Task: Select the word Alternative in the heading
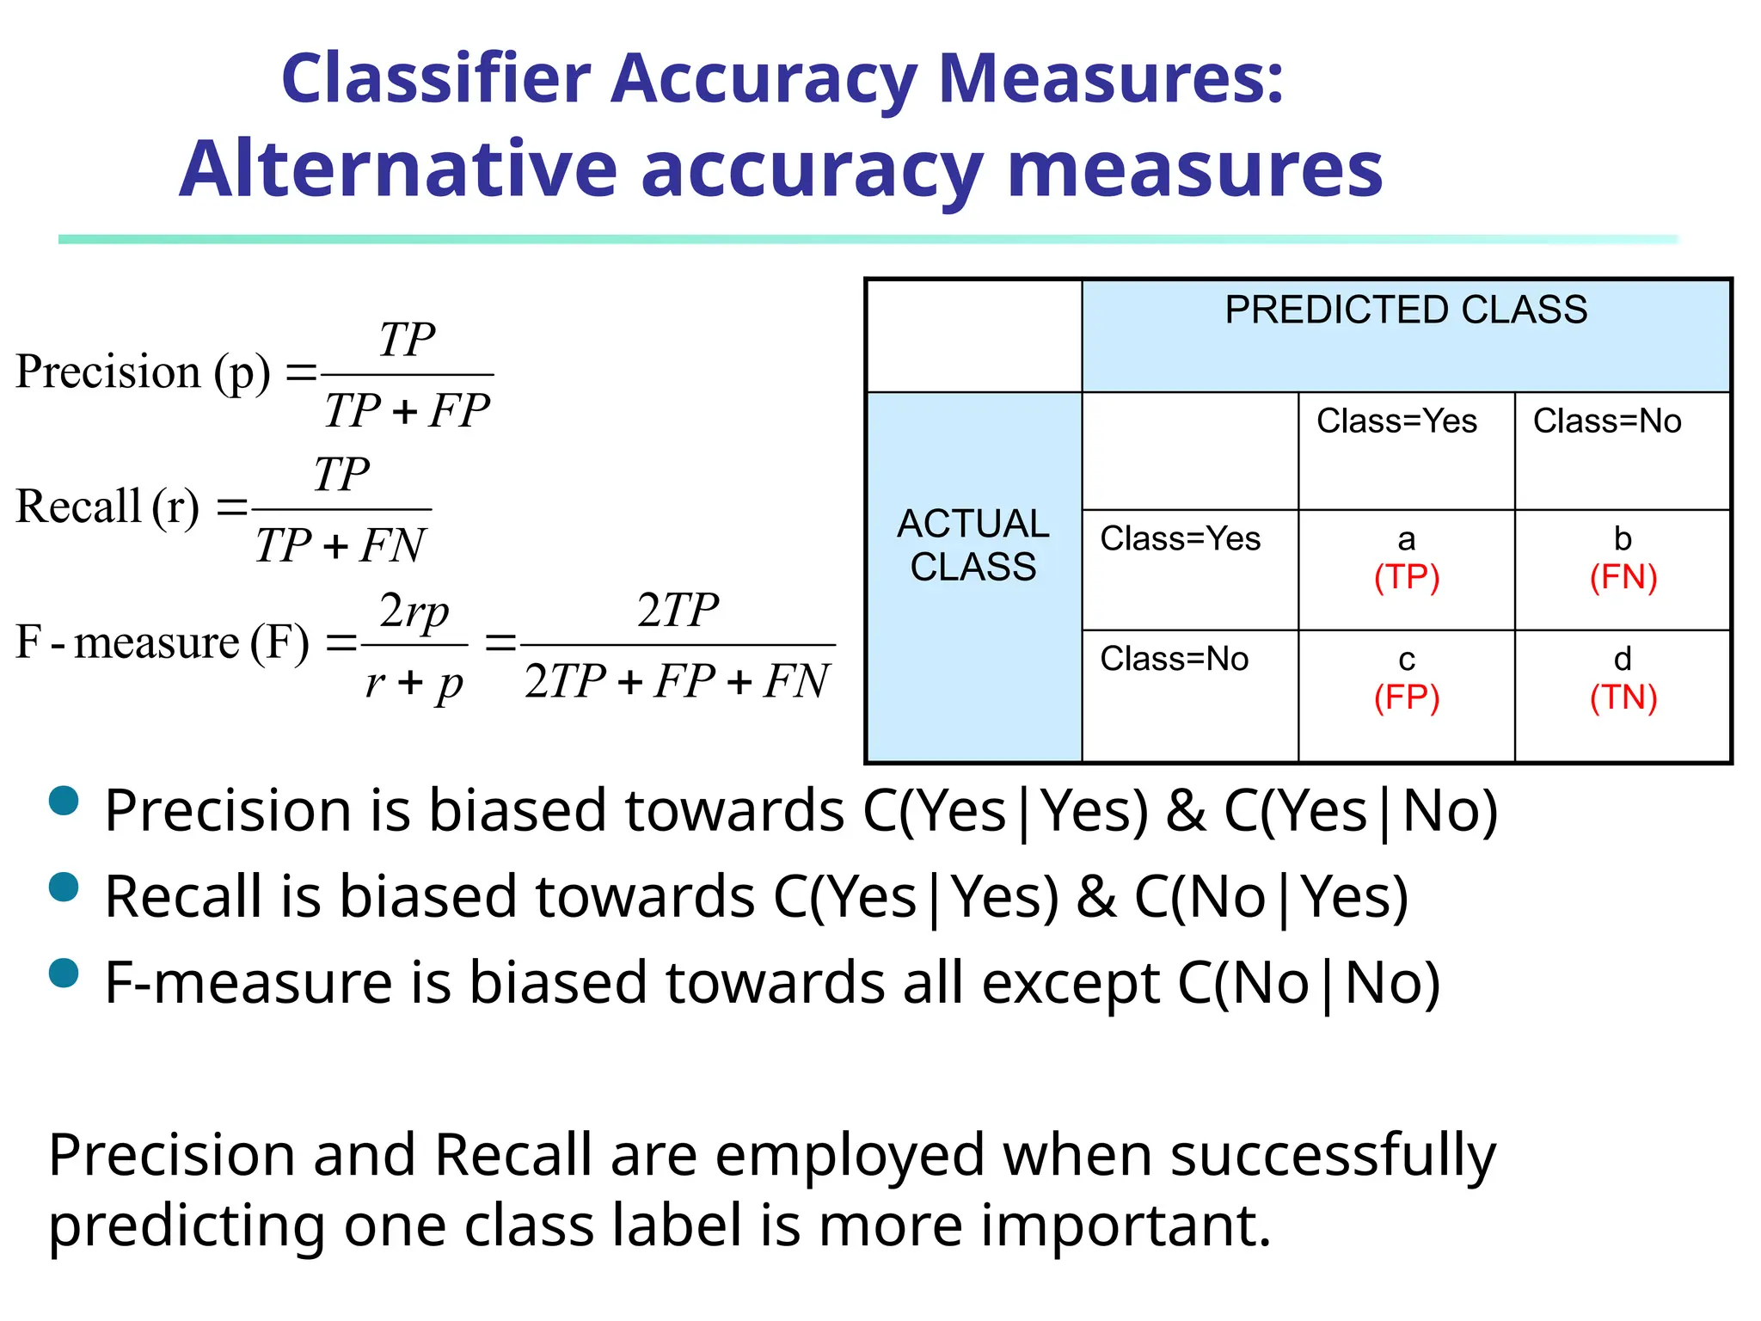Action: tap(398, 169)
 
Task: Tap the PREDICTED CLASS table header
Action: tap(1405, 310)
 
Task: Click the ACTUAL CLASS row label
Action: tap(973, 545)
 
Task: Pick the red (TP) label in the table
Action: tap(1406, 577)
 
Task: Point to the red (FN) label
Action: tap(1623, 577)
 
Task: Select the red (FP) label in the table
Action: tap(1406, 697)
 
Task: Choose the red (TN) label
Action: tap(1623, 697)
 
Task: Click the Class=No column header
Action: tap(1606, 421)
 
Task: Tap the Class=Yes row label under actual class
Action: tap(1180, 539)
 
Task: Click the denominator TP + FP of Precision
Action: tap(407, 410)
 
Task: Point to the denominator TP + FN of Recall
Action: tap(341, 545)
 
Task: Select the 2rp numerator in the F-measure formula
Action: tap(414, 611)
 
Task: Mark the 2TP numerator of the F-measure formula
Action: tap(678, 611)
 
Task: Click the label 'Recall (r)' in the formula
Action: tap(107, 507)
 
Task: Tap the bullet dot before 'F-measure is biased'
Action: tap(64, 973)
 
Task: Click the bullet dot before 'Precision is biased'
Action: tap(64, 801)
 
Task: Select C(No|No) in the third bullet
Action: tap(1308, 983)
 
